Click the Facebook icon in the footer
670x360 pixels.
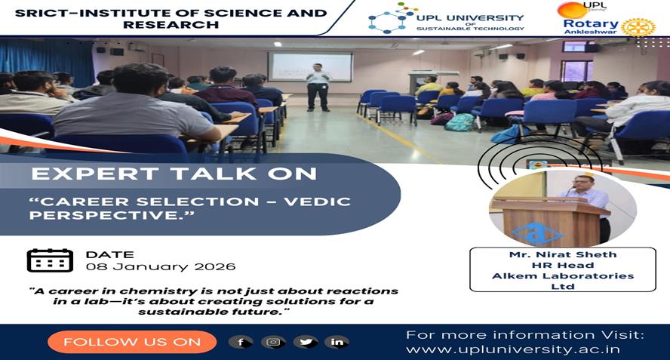(241, 342)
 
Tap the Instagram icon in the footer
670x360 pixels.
(273, 342)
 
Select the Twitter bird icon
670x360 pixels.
(306, 342)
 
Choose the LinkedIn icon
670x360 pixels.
(337, 342)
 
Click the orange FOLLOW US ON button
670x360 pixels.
(132, 342)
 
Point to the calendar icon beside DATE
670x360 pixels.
(50, 260)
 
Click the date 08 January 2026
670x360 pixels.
(161, 267)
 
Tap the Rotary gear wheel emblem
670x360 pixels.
(638, 27)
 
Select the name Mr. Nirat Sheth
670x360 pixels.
(563, 254)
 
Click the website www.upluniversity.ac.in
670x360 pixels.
(513, 349)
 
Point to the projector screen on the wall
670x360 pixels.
(310, 66)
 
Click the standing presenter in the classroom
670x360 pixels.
(318, 88)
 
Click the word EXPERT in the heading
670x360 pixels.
(95, 174)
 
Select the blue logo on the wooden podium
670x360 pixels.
(536, 234)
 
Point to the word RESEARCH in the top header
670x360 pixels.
(171, 25)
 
